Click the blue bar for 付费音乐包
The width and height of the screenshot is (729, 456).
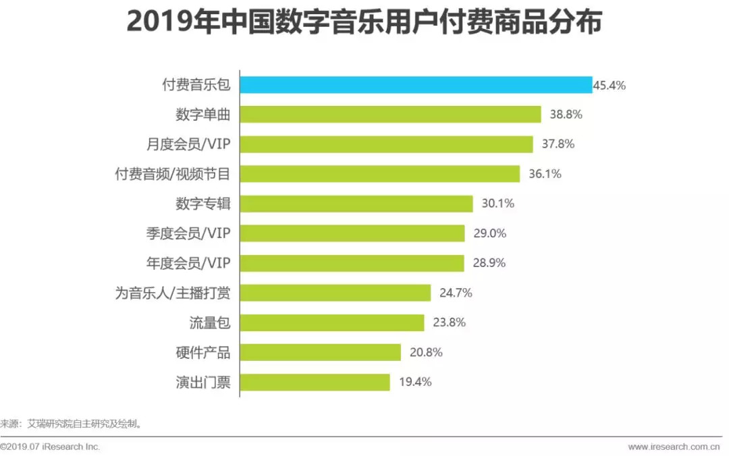point(416,85)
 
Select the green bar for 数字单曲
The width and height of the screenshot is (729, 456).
point(391,115)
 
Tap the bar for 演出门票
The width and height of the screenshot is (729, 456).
point(315,382)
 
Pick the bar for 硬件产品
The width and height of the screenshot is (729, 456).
point(321,352)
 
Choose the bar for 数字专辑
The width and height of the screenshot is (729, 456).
point(356,204)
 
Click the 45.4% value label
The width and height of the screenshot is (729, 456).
point(610,85)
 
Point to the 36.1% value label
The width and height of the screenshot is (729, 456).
point(545,174)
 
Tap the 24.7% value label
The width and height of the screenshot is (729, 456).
point(455,293)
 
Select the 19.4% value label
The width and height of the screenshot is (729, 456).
point(415,382)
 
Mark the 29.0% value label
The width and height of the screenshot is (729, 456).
point(489,233)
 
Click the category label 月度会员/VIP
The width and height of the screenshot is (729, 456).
point(188,144)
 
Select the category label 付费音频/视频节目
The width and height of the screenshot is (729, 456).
point(173,174)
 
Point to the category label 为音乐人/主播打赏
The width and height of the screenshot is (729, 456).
point(173,293)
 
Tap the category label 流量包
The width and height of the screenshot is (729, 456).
point(210,322)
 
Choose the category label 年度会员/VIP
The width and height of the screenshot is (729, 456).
point(188,263)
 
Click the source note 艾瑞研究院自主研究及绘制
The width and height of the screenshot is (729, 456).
point(84,424)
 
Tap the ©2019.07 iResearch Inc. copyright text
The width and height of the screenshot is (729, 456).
point(51,447)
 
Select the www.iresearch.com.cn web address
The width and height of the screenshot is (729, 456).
point(674,447)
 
